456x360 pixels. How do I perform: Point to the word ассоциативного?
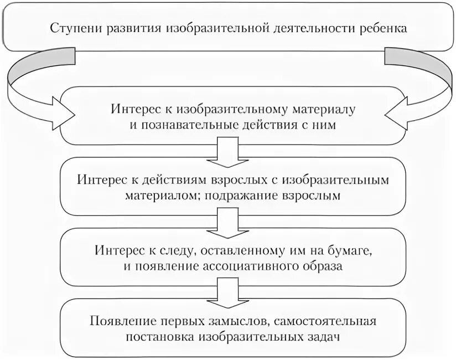[250, 266]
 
